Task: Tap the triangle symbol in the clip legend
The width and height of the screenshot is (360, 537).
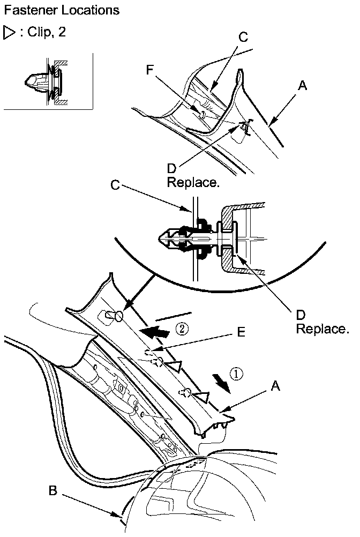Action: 10,33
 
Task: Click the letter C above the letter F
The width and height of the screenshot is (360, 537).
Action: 243,37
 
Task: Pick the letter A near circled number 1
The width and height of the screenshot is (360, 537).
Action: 275,385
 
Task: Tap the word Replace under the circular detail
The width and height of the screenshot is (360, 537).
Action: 322,328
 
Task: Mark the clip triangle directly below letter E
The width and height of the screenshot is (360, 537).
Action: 174,367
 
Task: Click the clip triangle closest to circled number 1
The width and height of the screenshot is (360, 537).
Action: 200,397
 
